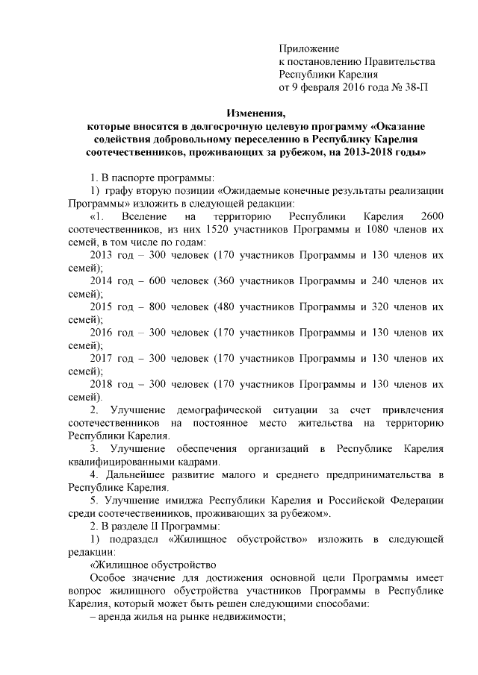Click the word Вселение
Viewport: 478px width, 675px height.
coord(135,216)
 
